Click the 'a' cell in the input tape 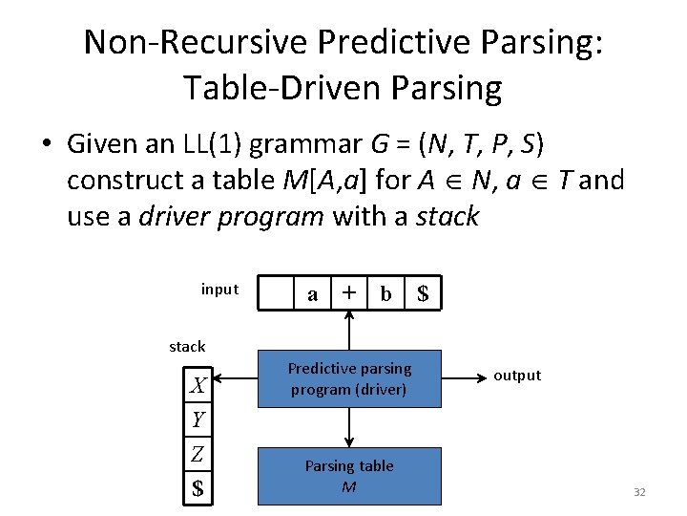click(x=313, y=294)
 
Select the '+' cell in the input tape click(x=350, y=293)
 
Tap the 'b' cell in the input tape click(x=385, y=294)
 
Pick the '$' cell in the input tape click(x=423, y=294)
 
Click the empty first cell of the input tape click(x=277, y=294)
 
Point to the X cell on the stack click(x=198, y=386)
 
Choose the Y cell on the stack click(x=198, y=419)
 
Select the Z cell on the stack click(x=198, y=454)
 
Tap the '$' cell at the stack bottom click(x=198, y=488)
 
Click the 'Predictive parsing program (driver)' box click(x=349, y=379)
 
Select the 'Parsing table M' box click(x=349, y=476)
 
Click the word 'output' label click(x=517, y=376)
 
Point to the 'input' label click(x=219, y=290)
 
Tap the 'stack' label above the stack click(x=187, y=346)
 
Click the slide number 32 click(x=639, y=492)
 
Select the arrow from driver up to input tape click(x=350, y=331)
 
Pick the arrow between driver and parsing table click(x=350, y=426)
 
